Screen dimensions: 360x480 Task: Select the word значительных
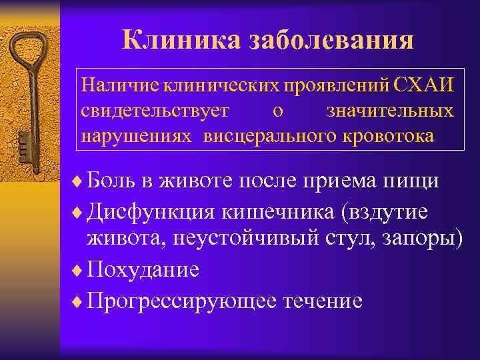(x=390, y=110)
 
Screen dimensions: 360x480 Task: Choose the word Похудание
(x=143, y=270)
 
